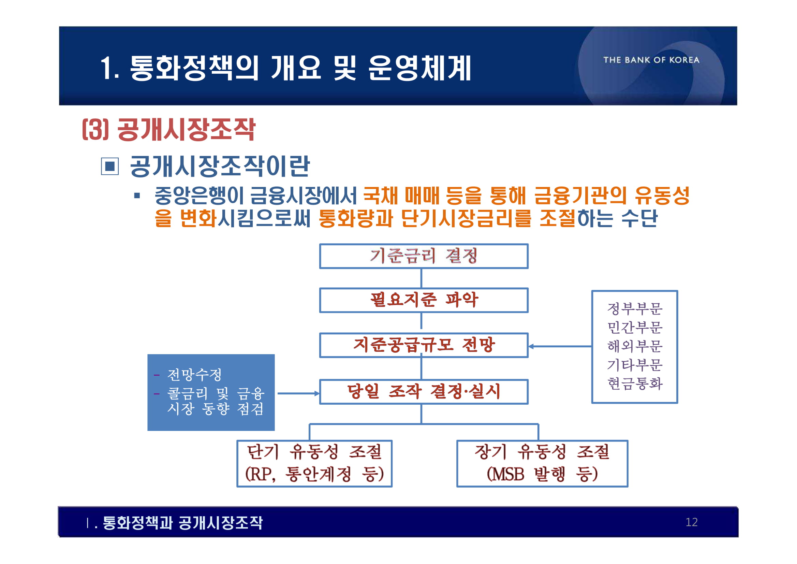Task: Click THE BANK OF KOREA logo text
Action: click(651, 60)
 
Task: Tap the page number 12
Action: click(691, 522)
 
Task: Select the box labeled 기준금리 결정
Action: click(424, 256)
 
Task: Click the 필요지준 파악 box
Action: click(424, 300)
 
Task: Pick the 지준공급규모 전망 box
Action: click(424, 345)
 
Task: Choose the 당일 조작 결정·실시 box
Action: click(424, 391)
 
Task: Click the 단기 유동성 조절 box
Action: click(314, 463)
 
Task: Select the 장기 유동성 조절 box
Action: click(542, 463)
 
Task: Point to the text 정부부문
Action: click(635, 308)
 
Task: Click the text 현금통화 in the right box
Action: click(635, 384)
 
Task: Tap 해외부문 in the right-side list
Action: click(635, 346)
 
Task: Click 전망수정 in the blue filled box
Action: click(194, 374)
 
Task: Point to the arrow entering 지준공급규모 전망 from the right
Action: click(560, 346)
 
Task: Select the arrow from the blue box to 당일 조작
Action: click(298, 393)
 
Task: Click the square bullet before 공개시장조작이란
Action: click(110, 167)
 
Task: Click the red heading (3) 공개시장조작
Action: click(169, 130)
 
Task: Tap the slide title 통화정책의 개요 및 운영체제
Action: click(285, 68)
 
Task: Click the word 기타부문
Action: click(635, 365)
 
